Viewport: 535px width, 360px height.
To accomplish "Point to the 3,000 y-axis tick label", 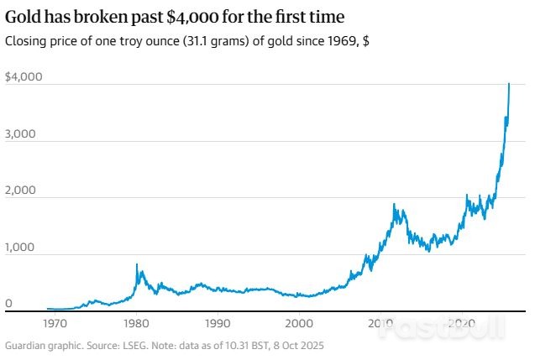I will click(21, 133).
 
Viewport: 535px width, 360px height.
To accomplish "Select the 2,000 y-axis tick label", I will click(21, 190).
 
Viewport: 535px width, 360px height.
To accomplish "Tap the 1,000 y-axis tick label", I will click(21, 248).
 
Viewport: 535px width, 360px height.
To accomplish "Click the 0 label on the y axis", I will click(8, 304).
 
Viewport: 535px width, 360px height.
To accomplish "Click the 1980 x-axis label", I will click(136, 323).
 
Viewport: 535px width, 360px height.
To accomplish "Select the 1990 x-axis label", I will click(218, 323).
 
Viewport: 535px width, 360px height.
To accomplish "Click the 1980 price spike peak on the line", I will click(137, 264).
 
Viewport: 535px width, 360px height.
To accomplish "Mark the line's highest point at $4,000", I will click(509, 84).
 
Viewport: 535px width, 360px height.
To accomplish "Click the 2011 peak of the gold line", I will click(392, 204).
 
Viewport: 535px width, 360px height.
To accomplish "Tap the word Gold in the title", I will click(23, 17).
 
